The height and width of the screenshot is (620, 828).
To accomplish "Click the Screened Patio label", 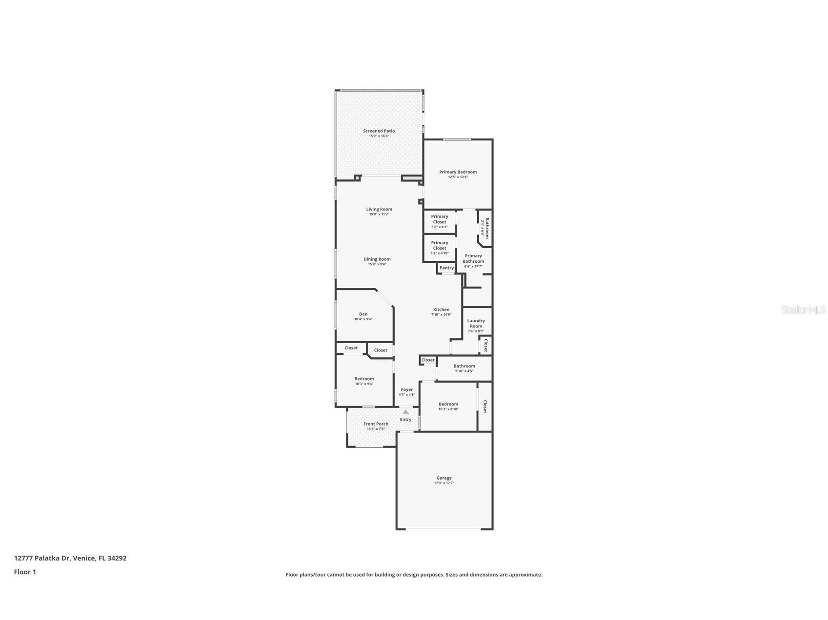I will (379, 131).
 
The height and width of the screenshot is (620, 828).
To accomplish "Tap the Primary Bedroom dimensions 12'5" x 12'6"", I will (458, 177).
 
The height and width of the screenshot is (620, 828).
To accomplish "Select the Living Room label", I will (379, 209).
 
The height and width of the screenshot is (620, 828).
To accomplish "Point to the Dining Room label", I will (377, 259).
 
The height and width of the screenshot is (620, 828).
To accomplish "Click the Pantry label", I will (446, 268).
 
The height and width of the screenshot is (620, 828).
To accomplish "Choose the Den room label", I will (363, 314).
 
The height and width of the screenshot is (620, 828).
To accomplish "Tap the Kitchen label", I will (441, 310).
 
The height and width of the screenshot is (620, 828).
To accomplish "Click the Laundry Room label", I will (476, 323).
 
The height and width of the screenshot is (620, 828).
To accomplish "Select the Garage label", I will (444, 478).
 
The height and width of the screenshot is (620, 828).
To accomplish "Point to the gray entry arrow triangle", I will (405, 412).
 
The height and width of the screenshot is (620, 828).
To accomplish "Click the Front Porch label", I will (376, 424).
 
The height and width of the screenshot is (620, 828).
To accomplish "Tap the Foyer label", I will (406, 389).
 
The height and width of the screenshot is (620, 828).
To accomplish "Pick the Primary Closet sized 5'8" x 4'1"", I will (439, 219).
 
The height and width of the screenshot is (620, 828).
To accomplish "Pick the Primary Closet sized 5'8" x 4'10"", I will (439, 246).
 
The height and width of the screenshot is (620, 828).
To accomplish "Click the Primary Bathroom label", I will (473, 258).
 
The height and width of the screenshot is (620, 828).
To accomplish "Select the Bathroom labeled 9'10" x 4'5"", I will (464, 366).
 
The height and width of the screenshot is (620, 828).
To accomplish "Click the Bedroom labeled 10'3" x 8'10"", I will (448, 404).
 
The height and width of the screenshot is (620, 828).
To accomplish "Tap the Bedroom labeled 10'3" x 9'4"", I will (364, 379).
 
